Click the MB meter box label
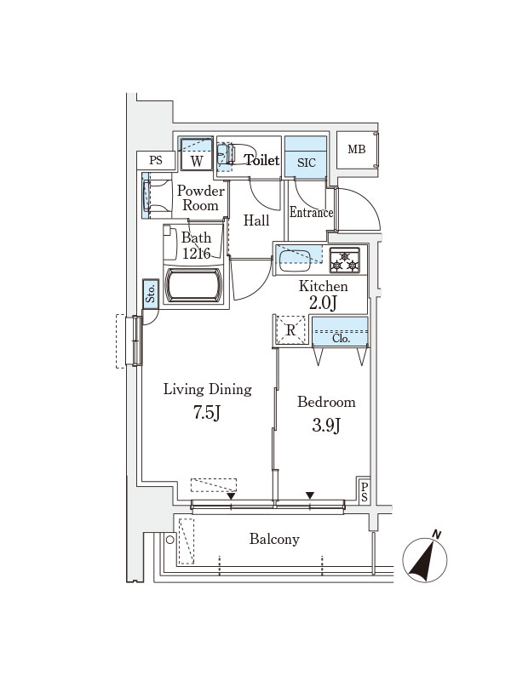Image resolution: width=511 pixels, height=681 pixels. click(357, 150)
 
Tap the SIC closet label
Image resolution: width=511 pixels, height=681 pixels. click(307, 163)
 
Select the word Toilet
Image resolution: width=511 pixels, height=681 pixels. click(262, 160)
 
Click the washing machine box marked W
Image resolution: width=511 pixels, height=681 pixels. click(197, 155)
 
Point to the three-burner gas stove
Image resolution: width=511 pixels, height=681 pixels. click(345, 260)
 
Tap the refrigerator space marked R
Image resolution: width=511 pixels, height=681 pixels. click(290, 330)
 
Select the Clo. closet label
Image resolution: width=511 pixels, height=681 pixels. click(341, 339)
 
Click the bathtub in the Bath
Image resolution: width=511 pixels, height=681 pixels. click(194, 285)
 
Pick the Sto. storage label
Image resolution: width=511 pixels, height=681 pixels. click(151, 294)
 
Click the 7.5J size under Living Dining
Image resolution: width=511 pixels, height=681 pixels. click(207, 412)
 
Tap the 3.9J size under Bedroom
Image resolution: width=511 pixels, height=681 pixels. click(326, 425)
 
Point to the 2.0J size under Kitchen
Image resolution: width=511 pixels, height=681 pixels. click(323, 303)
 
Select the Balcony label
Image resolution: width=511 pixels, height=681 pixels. click(274, 539)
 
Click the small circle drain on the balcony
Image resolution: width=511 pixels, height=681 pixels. click(169, 540)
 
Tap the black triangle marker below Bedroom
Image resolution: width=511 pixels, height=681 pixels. click(310, 495)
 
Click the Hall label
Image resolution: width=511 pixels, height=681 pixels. click(256, 220)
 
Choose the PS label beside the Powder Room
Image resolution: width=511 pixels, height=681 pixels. click(156, 160)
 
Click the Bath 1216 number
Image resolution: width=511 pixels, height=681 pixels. click(197, 253)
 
